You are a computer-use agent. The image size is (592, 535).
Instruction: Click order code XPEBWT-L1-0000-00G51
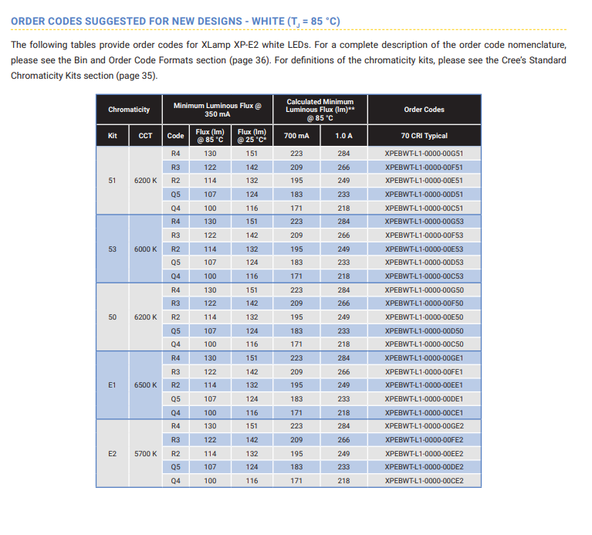click(424, 154)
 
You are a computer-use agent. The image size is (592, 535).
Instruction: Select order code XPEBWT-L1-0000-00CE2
click(424, 481)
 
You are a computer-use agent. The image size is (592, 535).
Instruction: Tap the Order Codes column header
click(424, 110)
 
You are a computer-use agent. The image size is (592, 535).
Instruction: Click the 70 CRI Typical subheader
click(424, 136)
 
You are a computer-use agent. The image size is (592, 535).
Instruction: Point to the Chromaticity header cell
click(129, 110)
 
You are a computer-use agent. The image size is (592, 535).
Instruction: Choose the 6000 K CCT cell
click(145, 249)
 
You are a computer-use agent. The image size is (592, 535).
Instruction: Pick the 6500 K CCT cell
click(145, 385)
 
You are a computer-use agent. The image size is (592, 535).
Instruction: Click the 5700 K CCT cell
click(145, 453)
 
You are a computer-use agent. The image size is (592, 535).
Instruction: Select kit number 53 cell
click(112, 249)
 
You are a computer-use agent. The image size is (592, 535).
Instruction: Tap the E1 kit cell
click(112, 385)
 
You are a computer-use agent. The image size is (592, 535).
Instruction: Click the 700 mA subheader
click(296, 136)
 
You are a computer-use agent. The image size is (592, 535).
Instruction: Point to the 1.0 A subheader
click(343, 136)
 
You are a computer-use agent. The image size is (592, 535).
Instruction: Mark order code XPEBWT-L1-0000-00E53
click(424, 249)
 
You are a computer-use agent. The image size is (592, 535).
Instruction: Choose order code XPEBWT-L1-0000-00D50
click(424, 330)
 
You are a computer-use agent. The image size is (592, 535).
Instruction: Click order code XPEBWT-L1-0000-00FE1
click(424, 372)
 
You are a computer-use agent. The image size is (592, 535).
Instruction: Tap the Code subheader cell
click(175, 136)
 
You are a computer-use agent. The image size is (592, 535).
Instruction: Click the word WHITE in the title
click(268, 21)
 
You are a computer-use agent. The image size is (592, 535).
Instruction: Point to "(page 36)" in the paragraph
click(250, 60)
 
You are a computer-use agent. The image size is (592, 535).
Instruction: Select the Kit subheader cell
click(112, 136)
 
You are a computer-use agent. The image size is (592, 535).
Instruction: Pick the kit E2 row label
click(112, 453)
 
